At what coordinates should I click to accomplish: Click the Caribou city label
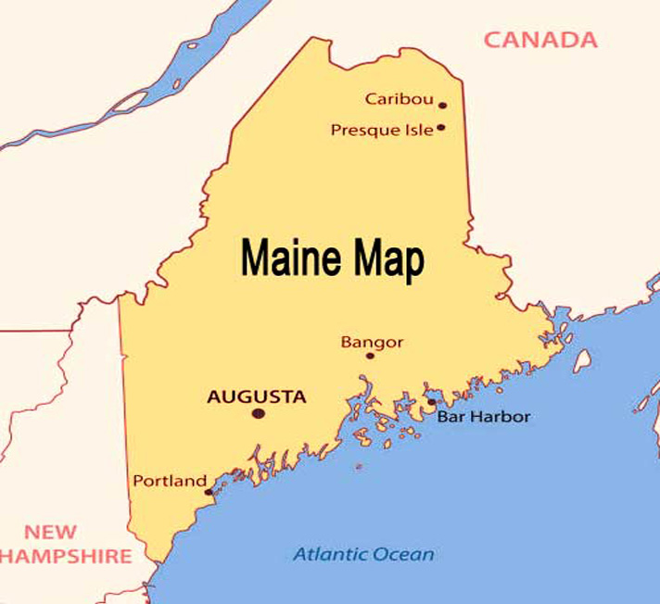399,98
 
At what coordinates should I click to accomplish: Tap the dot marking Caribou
443,106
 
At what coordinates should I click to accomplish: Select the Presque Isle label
382,130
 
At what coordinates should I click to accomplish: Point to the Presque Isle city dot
441,128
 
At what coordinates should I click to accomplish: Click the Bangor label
372,342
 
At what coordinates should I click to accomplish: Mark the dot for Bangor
370,356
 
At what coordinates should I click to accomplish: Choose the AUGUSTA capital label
256,396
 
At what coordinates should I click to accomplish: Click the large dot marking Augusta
258,413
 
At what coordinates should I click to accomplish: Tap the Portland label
169,481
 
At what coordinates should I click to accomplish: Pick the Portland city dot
209,491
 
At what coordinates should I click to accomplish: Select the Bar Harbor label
484,417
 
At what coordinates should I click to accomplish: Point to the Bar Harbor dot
431,403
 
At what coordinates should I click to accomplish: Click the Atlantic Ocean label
363,555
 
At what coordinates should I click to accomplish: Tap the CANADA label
540,40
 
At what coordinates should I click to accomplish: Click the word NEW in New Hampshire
50,532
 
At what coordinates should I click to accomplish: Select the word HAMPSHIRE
65,556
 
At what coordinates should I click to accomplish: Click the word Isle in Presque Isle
417,130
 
